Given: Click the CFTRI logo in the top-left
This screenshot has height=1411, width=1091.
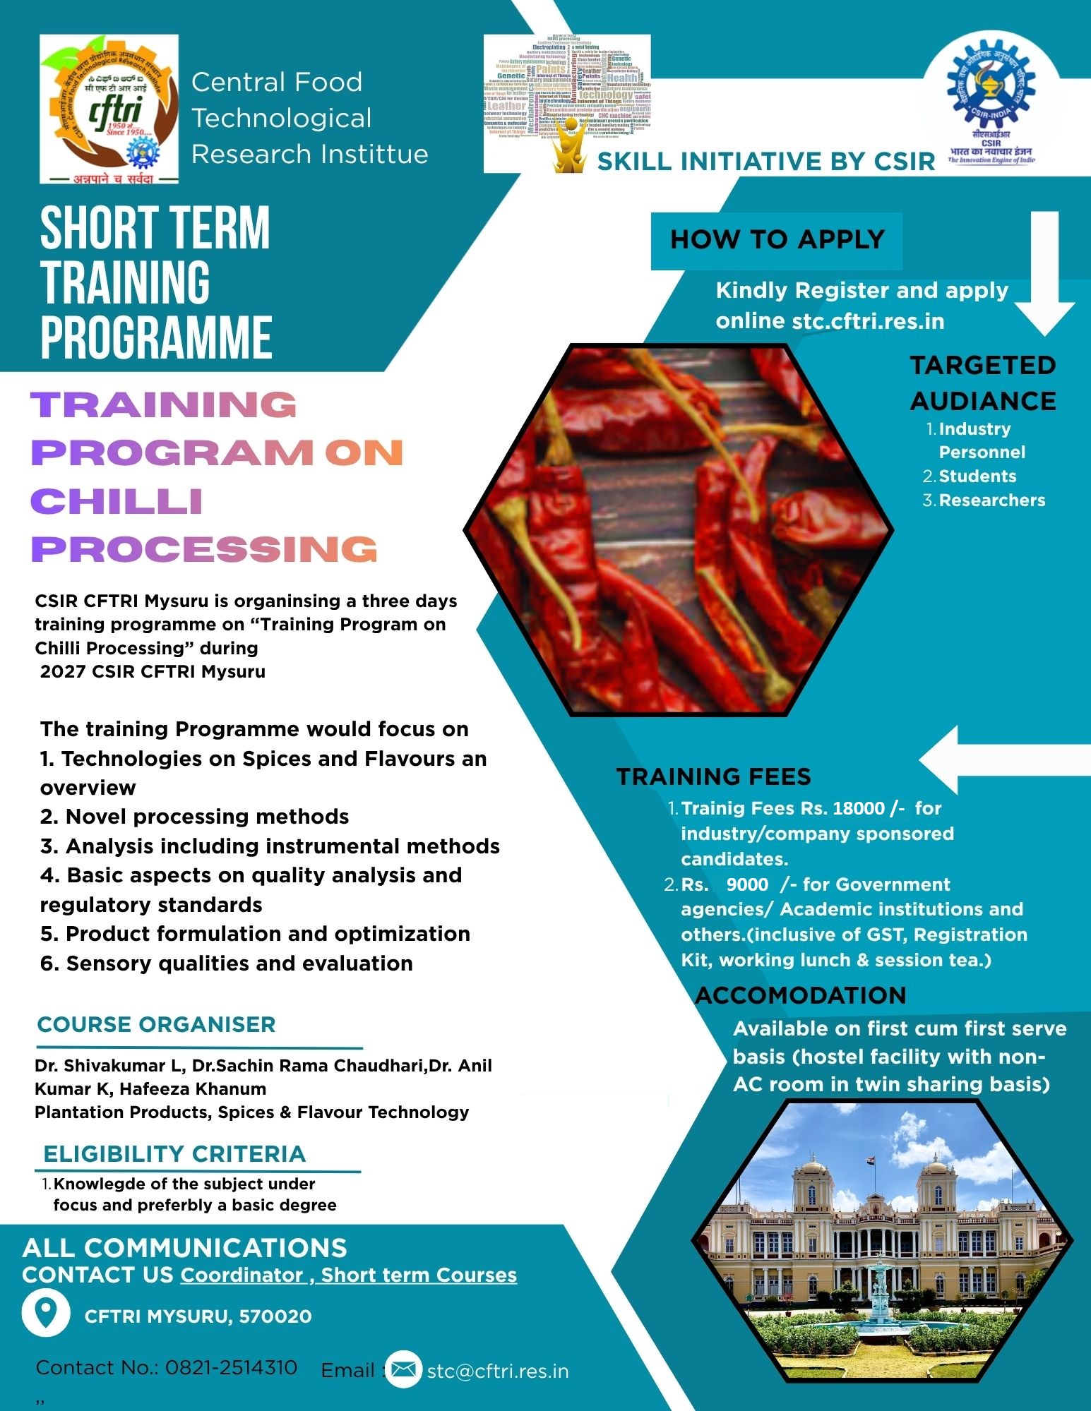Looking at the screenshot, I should pyautogui.click(x=109, y=109).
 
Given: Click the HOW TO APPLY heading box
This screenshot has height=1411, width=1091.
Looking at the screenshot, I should pyautogui.click(x=776, y=240).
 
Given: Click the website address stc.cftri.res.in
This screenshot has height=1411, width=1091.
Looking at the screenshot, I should pyautogui.click(x=868, y=321).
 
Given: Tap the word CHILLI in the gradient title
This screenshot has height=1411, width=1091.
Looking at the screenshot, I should pyautogui.click(x=117, y=502).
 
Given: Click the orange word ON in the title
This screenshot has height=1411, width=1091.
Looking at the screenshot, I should pyautogui.click(x=364, y=453).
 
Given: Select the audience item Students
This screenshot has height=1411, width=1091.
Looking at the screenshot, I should pyautogui.click(x=977, y=476).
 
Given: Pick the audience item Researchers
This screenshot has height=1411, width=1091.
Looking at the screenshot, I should pyautogui.click(x=991, y=500).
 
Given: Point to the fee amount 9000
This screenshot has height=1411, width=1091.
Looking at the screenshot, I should pyautogui.click(x=747, y=884).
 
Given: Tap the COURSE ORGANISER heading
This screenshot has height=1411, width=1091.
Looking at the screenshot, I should pyautogui.click(x=156, y=1024).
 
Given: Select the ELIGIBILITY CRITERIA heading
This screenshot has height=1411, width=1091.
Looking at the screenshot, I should pyautogui.click(x=174, y=1153).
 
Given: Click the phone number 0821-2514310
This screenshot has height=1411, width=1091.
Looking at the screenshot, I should pyautogui.click(x=231, y=1367).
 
